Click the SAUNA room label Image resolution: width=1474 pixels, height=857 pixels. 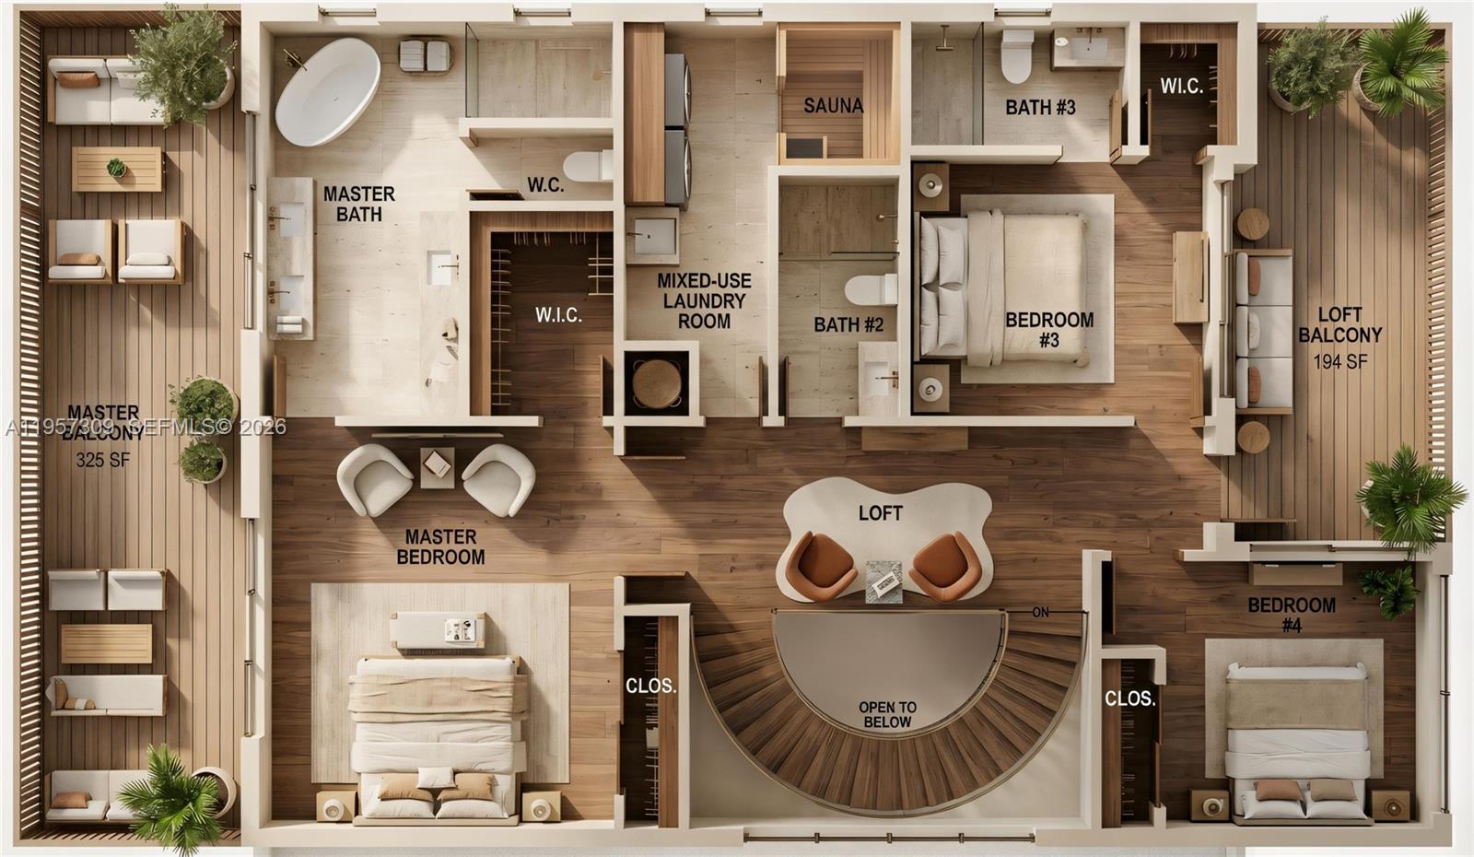833,106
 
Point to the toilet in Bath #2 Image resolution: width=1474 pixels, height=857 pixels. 871,289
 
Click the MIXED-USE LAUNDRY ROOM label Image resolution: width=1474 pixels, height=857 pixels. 704,300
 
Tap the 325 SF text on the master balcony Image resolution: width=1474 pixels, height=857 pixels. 102,460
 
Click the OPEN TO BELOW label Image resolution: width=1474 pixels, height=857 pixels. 887,714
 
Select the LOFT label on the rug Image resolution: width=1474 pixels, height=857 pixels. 880,513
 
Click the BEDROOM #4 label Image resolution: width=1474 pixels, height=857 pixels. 1292,615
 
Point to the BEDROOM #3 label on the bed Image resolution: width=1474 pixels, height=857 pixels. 1049,330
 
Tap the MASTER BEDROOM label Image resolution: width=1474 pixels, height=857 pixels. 440,546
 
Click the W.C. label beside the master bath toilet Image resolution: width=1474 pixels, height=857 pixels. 545,185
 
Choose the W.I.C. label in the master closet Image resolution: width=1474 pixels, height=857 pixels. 558,315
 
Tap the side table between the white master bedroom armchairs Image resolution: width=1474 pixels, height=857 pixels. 437,467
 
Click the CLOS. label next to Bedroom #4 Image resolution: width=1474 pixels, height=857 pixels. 1129,699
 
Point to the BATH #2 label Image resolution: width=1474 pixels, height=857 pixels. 848,324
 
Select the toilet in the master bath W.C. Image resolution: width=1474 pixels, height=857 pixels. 588,166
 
